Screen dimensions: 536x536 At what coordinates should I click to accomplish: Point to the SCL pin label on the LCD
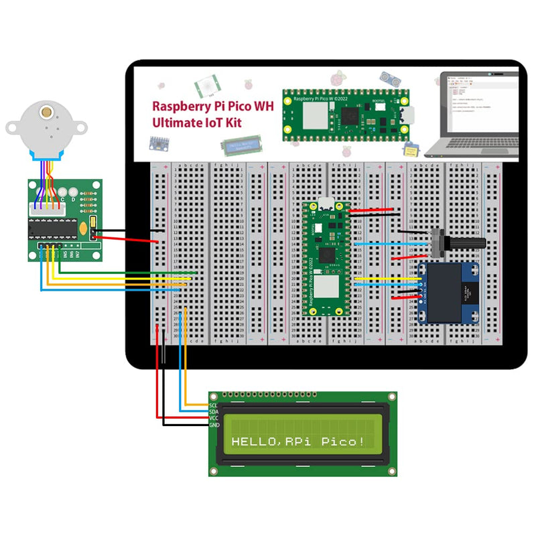point(213,405)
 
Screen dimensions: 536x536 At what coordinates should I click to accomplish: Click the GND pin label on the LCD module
point(214,425)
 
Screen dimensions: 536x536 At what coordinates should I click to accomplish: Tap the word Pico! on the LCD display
point(343,442)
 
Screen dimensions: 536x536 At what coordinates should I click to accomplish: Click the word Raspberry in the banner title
point(180,106)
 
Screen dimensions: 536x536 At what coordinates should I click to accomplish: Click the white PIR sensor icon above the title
point(207,85)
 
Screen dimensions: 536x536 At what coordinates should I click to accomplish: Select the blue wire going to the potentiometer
point(392,244)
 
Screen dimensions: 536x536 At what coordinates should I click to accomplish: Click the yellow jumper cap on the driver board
point(92,227)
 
